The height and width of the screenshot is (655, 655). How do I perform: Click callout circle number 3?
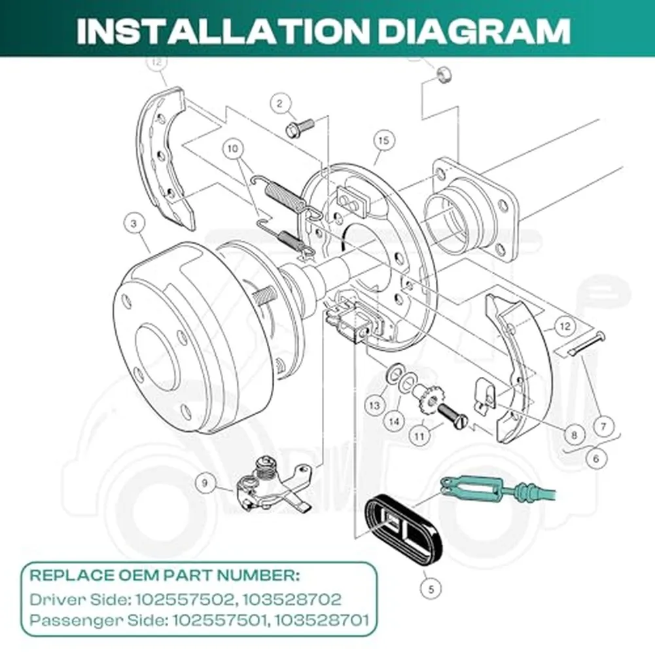click(x=133, y=224)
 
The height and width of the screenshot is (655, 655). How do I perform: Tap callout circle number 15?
click(x=383, y=140)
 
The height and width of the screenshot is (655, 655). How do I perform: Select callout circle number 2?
click(x=280, y=103)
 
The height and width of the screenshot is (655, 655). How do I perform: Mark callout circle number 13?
click(x=374, y=406)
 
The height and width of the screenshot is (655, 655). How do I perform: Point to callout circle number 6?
click(x=595, y=459)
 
